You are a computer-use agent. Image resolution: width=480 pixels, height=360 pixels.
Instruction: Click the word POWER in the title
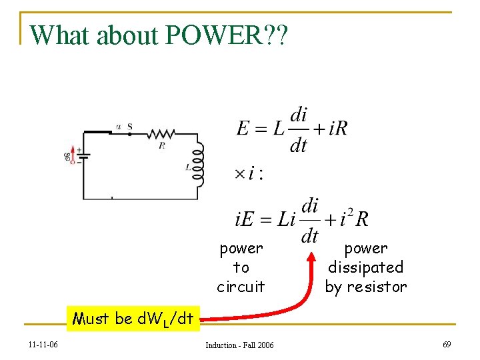coord(218,35)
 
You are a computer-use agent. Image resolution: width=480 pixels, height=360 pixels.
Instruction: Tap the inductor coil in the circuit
coord(197,168)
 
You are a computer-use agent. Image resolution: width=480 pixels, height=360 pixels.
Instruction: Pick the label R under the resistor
coord(161,144)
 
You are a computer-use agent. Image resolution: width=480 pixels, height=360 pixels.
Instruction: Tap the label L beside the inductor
coord(187,168)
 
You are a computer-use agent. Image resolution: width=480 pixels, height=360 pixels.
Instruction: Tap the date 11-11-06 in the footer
coord(43,344)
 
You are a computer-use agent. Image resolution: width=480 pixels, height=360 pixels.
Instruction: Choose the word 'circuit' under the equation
coord(241,287)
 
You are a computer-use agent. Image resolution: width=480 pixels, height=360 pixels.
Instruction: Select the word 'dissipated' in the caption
coord(365,267)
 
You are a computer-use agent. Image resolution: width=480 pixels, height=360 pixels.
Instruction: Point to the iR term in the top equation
coord(338,128)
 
